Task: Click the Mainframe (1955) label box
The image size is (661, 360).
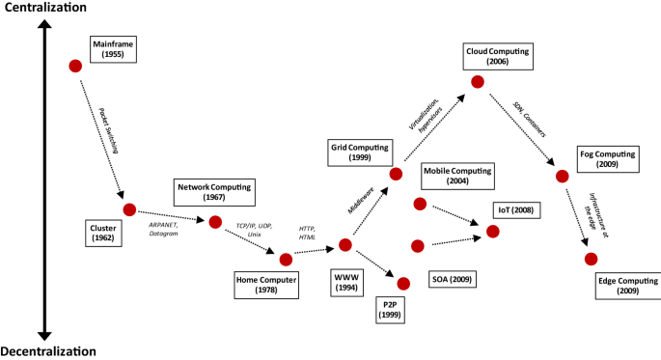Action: point(114,51)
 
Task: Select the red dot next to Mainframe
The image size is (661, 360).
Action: point(75,66)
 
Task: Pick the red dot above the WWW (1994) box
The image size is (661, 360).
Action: point(345,246)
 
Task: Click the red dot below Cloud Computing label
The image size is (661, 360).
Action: point(477,81)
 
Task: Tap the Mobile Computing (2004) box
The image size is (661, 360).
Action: point(457,176)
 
